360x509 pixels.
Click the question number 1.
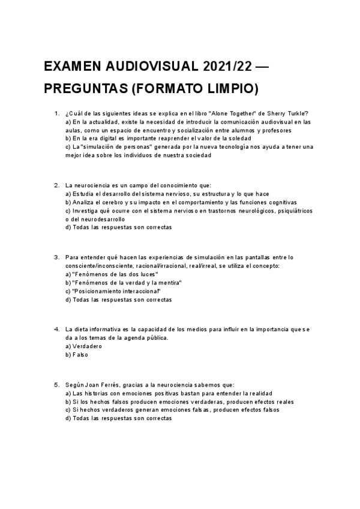(x=56, y=114)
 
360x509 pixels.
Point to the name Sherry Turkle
(x=289, y=114)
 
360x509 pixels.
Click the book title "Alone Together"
(x=229, y=114)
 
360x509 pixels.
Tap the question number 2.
(x=56, y=185)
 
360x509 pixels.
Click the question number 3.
(x=56, y=258)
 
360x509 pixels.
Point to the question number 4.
(x=56, y=330)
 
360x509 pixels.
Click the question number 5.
(x=56, y=385)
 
